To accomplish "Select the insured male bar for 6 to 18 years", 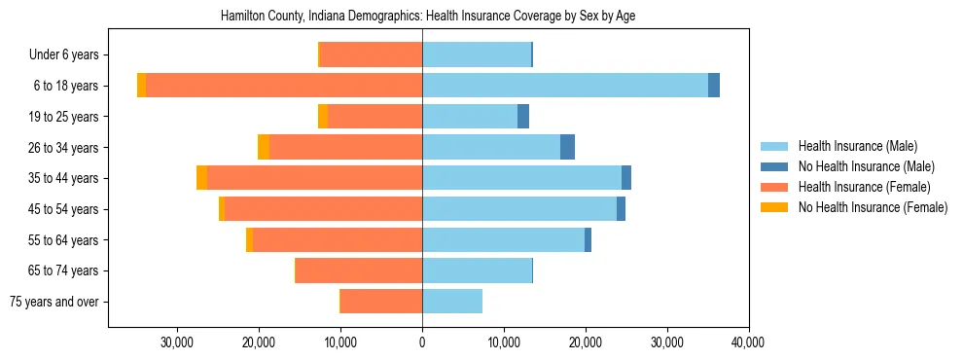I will tap(565, 86).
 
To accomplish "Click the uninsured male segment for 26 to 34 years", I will tap(567, 147).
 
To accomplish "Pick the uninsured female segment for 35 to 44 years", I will tap(201, 178).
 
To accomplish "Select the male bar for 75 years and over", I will tap(452, 302).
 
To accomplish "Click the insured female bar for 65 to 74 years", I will tap(359, 270).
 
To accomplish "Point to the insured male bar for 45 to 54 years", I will tap(519, 209).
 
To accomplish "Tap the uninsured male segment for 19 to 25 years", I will tap(523, 117).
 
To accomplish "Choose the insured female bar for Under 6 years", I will tap(371, 55).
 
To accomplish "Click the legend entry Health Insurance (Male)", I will tap(857, 146).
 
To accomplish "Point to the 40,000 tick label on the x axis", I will tap(748, 342).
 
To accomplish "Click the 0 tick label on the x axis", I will tap(422, 342).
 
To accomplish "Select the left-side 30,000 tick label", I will tap(177, 342).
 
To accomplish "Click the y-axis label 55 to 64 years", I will tap(63, 240).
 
